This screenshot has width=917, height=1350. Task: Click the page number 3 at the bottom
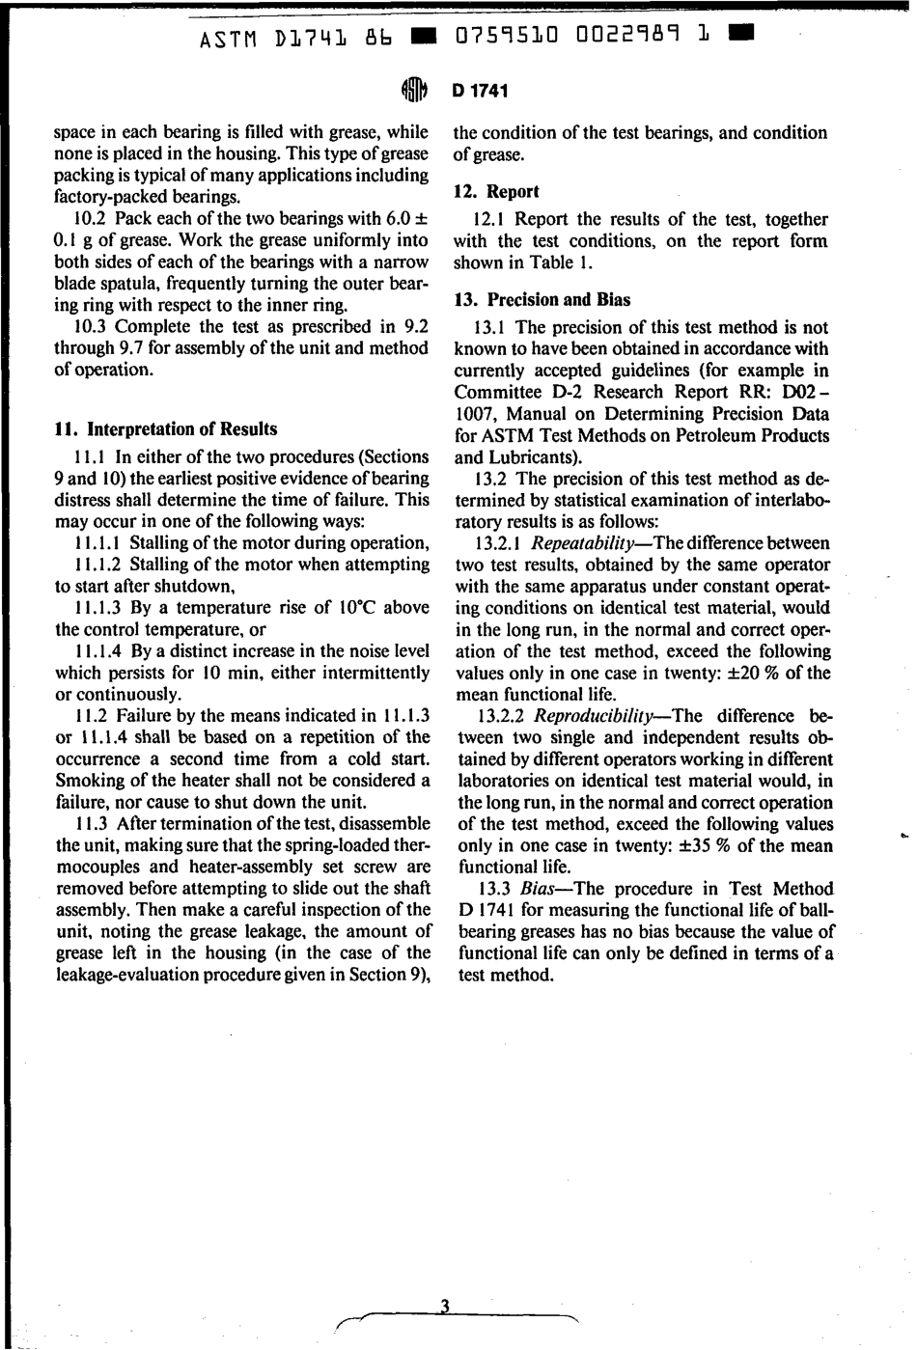(445, 1307)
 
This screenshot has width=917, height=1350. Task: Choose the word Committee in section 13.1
(497, 392)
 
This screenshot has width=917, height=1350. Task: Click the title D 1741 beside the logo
(479, 91)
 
